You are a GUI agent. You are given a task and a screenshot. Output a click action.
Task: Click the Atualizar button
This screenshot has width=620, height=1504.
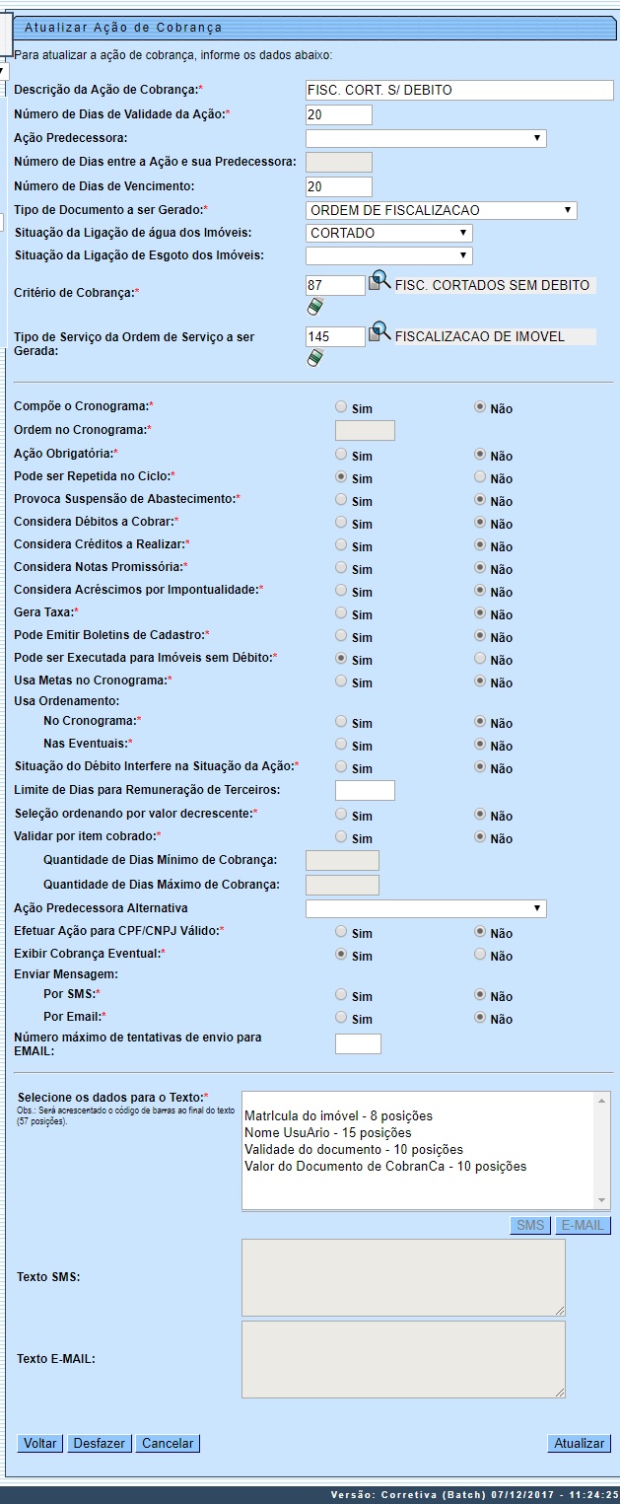click(579, 1443)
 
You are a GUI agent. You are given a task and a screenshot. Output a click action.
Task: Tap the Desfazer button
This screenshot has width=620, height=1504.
click(100, 1443)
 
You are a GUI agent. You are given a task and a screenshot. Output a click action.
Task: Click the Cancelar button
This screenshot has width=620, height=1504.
click(168, 1443)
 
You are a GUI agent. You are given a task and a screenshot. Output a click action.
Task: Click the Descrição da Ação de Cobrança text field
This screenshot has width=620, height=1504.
click(459, 90)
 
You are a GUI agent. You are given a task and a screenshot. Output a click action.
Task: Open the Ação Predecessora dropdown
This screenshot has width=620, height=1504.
click(426, 138)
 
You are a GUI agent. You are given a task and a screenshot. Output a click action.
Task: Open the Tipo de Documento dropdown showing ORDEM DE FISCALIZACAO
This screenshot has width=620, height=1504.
click(441, 210)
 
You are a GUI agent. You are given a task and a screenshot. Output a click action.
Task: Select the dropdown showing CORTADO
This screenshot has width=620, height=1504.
click(388, 234)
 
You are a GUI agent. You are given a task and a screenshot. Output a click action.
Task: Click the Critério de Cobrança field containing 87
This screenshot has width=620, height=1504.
click(335, 285)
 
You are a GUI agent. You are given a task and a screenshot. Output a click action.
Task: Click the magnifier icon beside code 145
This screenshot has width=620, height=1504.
click(379, 332)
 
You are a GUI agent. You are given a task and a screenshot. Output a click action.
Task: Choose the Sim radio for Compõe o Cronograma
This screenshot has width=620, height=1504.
click(341, 406)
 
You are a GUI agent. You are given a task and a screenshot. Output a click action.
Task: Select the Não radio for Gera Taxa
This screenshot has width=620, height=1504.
click(480, 612)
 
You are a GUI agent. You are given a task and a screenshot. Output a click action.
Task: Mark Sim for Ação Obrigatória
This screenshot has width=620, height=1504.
click(341, 455)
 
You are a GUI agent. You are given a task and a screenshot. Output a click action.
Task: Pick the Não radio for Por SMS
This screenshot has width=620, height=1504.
click(480, 995)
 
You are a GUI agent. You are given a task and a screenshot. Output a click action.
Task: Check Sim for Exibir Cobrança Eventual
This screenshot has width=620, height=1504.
click(341, 954)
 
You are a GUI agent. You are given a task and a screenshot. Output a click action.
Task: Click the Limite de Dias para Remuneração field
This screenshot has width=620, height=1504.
click(365, 790)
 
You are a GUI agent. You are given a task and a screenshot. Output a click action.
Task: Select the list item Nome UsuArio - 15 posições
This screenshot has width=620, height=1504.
click(327, 1133)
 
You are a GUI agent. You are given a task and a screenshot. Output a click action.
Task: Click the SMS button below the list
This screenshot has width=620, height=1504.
click(530, 1225)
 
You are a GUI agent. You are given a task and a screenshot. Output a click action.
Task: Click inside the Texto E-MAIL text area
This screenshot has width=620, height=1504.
click(403, 1359)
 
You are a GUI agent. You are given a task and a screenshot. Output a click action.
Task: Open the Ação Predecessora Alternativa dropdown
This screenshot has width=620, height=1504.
click(426, 908)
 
